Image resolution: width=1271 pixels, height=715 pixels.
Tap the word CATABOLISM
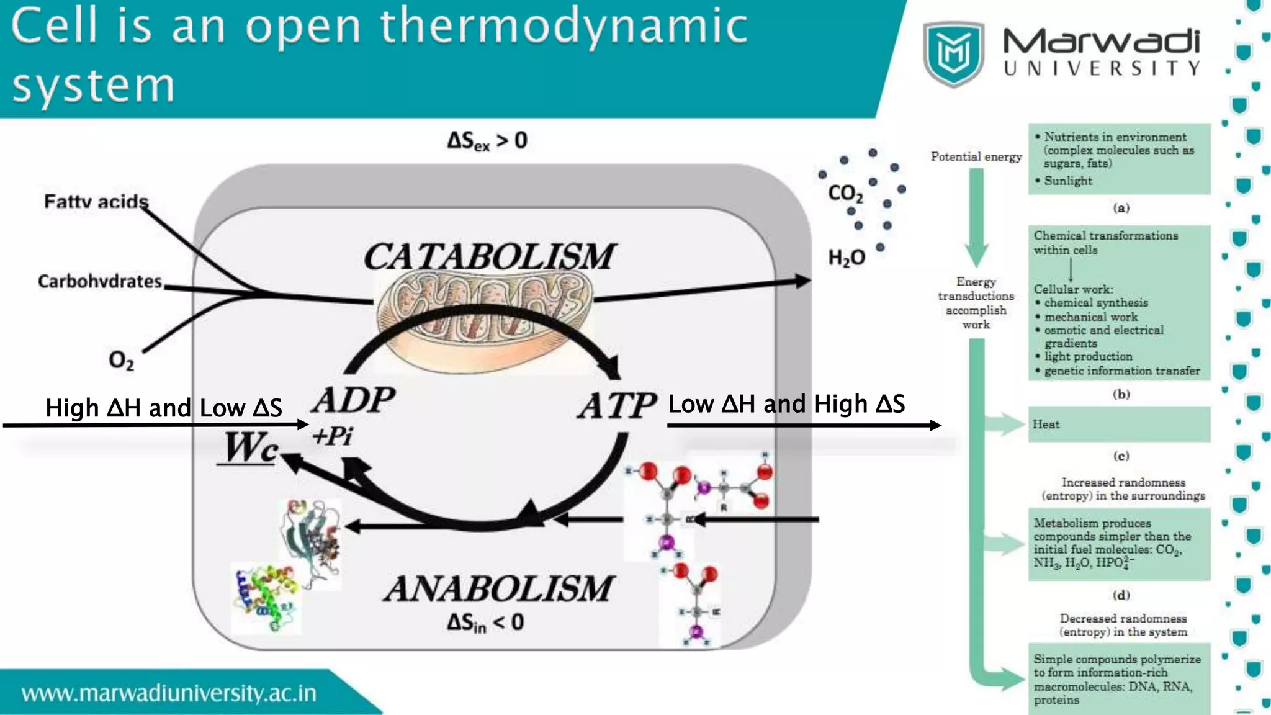click(x=489, y=256)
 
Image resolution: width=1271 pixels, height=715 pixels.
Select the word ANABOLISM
click(x=498, y=588)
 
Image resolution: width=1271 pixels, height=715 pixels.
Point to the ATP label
click(x=617, y=407)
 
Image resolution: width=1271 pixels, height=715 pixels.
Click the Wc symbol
click(x=250, y=447)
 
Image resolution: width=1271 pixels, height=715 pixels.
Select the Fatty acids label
click(x=96, y=202)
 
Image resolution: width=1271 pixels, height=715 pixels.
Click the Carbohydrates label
click(x=100, y=281)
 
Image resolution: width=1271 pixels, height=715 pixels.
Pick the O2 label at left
click(x=121, y=360)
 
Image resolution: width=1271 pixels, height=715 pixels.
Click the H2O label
click(x=847, y=258)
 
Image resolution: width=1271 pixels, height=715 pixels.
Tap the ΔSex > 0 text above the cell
click(x=487, y=141)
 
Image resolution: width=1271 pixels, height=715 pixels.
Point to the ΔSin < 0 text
click(x=485, y=623)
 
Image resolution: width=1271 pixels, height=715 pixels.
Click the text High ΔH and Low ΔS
click(x=164, y=408)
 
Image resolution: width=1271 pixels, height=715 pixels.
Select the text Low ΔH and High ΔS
click(x=786, y=404)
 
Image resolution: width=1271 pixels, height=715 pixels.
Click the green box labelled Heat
click(x=1119, y=425)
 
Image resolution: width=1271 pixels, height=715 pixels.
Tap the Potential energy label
click(x=976, y=156)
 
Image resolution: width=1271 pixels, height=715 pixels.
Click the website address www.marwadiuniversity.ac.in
click(x=169, y=693)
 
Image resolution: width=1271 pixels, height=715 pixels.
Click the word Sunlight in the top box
click(x=1067, y=181)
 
